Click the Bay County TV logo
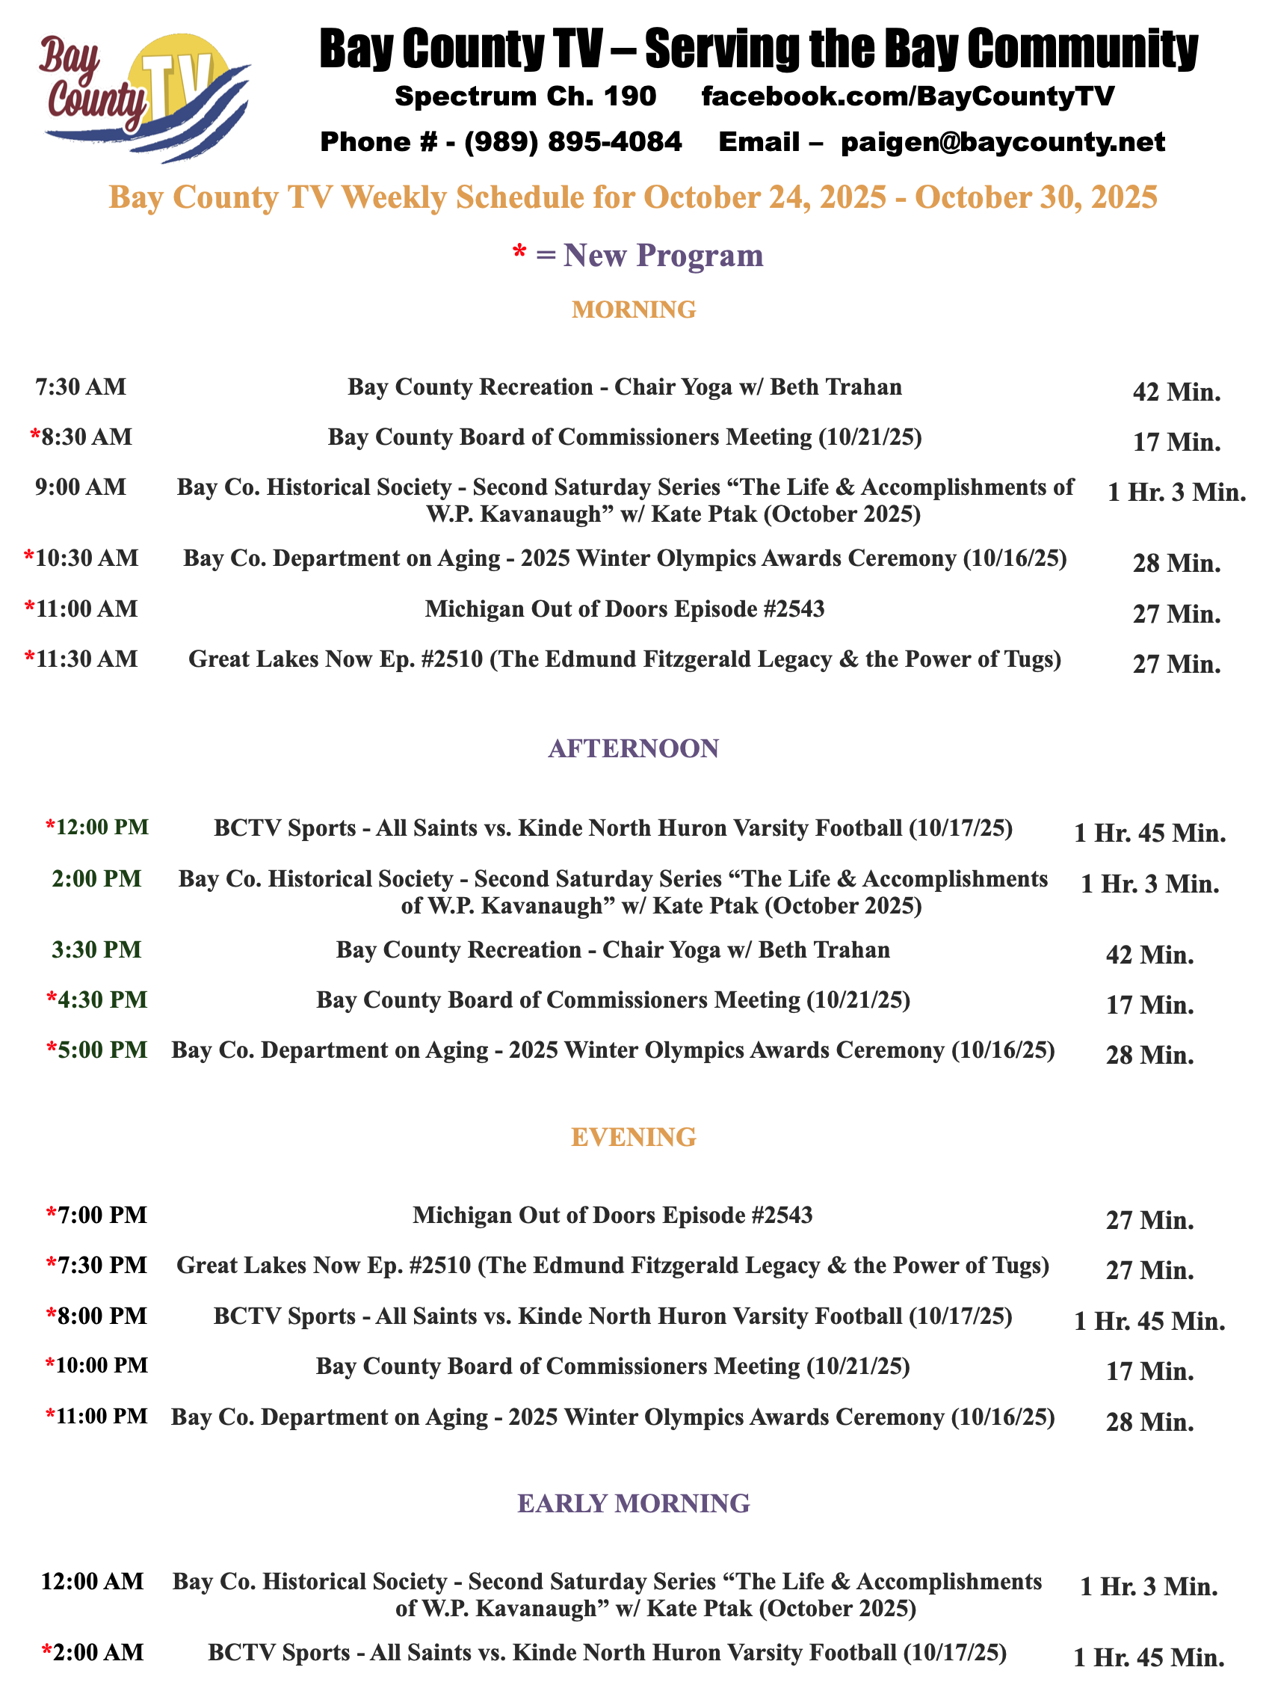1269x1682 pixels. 144,97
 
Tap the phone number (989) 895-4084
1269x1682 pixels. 572,142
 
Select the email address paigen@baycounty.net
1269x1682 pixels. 1002,142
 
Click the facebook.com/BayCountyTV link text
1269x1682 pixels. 907,96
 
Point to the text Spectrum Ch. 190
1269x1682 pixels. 525,96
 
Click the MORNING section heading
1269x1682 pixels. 633,309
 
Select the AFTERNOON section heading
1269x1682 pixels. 633,748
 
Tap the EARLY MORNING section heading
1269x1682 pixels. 633,1503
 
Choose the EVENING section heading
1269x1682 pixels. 633,1137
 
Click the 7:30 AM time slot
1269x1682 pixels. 81,387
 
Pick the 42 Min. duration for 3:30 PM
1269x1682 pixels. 1149,955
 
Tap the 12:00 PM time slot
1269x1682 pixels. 102,828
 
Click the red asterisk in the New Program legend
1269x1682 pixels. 520,254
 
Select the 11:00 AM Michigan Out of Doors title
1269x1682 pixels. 624,609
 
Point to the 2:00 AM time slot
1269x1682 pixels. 96,1652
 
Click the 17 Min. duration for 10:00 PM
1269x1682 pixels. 1149,1371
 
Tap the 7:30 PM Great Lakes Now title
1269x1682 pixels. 613,1266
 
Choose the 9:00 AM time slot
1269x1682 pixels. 81,487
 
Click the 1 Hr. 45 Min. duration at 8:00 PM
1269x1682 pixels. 1149,1322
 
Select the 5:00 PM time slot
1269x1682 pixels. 102,1050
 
